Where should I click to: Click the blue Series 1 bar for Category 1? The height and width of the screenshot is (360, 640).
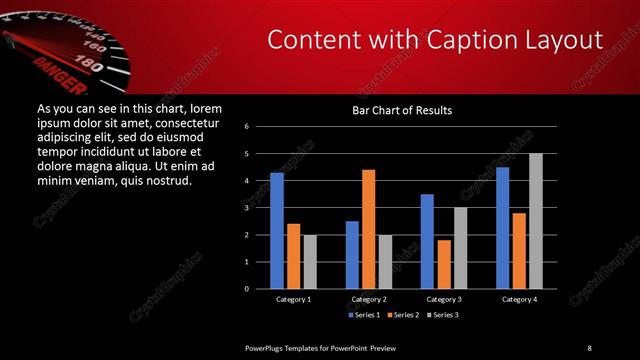(x=277, y=230)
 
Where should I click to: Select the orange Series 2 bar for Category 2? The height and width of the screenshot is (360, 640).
(x=368, y=229)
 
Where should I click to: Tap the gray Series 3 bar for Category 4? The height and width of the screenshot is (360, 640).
(x=535, y=220)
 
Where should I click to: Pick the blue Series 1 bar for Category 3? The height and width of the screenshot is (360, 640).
(x=427, y=241)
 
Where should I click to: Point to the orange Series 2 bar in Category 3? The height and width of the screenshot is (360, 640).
(x=443, y=264)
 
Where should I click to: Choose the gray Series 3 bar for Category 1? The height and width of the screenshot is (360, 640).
(x=309, y=261)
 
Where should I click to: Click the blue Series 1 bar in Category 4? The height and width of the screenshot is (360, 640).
(x=502, y=227)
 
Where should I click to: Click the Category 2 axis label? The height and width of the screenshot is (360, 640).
(x=368, y=299)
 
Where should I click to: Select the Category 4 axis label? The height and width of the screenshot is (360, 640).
(x=518, y=299)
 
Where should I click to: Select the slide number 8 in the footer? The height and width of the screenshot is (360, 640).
(x=589, y=347)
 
